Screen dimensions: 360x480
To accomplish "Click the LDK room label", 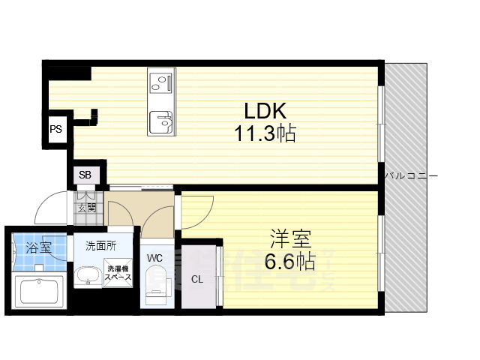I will point(265,110).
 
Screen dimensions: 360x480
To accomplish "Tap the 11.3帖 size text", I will point(264,135).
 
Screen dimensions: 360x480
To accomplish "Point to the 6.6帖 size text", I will point(289,262).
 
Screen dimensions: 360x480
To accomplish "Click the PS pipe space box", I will point(56,129).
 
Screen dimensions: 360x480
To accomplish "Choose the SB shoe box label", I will point(85,175).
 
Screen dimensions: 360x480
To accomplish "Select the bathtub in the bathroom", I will point(39,290).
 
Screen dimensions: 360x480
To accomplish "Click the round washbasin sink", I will point(89,275).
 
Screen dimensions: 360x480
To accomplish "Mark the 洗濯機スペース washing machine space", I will point(119,274).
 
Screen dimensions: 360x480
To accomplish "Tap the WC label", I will point(155,258).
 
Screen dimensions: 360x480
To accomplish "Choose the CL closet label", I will point(196,280).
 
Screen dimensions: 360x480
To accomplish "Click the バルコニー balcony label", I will point(411,175).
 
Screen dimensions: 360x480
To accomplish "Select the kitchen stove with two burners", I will point(160,80).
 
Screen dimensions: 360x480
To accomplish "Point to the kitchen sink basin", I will point(160,119).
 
